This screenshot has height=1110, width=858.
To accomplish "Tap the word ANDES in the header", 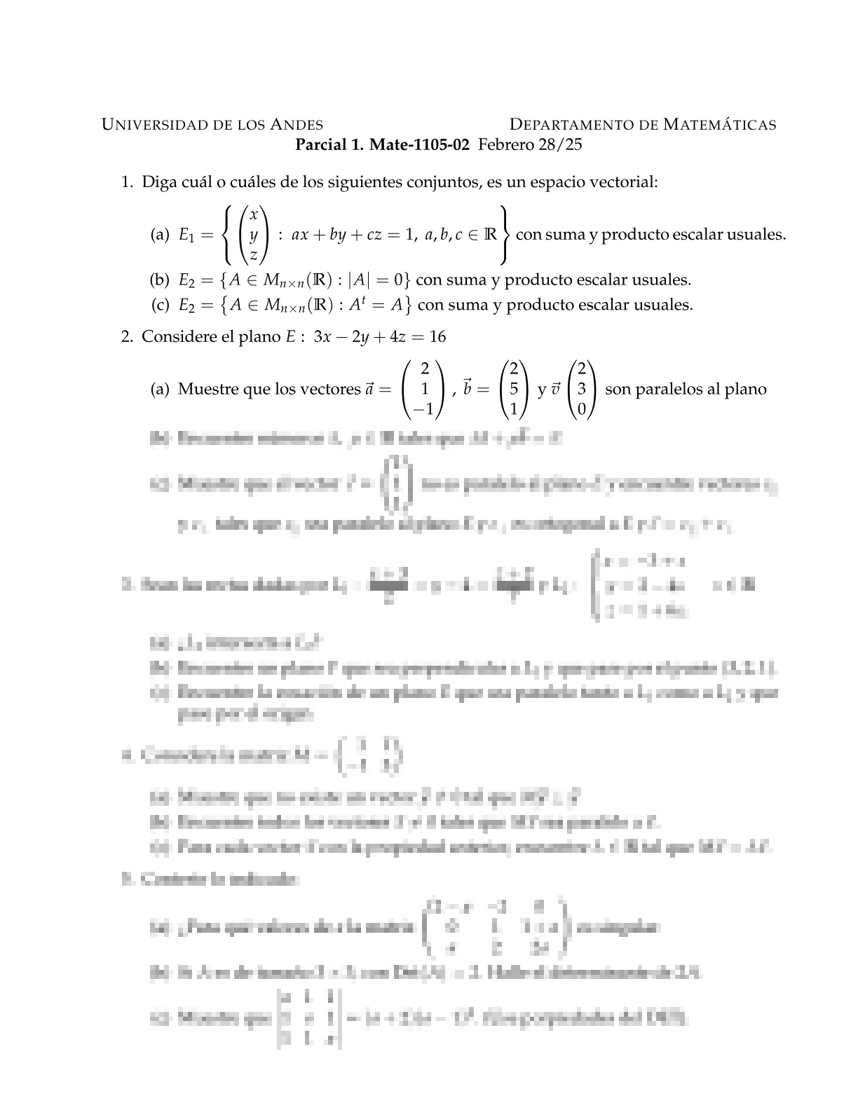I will click(297, 125).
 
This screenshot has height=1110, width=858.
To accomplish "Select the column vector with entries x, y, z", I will click(254, 234).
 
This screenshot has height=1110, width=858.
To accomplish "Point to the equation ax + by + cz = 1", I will click(350, 235).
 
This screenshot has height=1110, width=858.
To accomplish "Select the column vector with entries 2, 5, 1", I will click(514, 389).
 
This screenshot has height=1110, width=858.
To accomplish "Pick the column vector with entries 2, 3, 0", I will click(582, 389).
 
